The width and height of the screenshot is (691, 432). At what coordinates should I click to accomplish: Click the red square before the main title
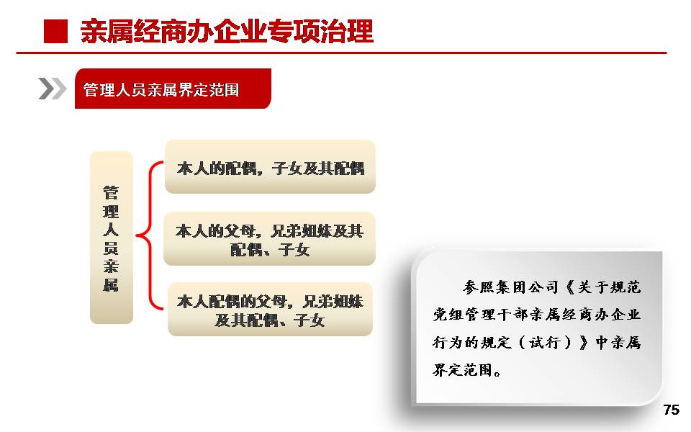coord(55,31)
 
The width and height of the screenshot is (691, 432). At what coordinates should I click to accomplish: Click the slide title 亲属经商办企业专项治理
coord(227,31)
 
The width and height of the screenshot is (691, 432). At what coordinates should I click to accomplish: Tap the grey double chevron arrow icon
coord(52,89)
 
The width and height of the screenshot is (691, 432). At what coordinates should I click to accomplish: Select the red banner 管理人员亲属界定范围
coord(173,89)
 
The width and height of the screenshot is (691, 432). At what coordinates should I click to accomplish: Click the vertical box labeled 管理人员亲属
coord(112,238)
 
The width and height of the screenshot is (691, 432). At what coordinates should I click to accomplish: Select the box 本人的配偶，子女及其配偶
coord(270,166)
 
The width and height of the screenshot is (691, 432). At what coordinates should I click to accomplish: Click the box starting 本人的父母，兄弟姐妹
coord(270,238)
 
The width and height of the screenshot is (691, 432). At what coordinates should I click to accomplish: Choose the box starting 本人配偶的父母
coord(270,310)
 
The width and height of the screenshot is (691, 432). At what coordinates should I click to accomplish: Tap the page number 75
coord(671,410)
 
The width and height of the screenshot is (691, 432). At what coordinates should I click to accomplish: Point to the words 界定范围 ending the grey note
coord(462,370)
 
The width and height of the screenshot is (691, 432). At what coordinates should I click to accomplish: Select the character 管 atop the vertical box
coord(111,193)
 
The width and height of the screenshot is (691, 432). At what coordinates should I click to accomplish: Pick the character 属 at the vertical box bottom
coord(111,285)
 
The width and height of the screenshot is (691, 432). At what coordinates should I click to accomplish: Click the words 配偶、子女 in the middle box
coord(270,250)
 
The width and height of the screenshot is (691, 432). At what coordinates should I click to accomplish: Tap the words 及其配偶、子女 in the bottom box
coord(270,320)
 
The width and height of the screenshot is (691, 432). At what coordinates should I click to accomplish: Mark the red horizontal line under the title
coord(341,53)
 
